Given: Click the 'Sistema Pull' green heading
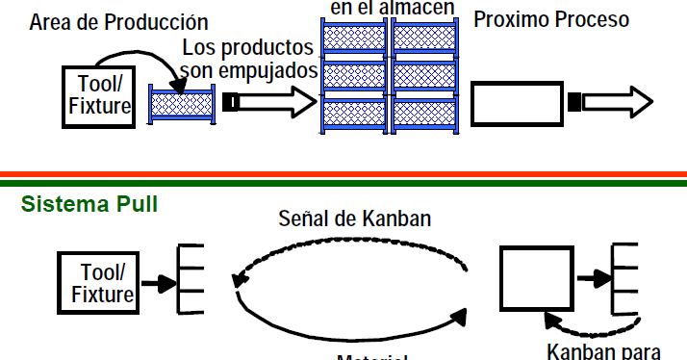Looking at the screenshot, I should (x=89, y=204).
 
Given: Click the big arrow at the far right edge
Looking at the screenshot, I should (x=616, y=101).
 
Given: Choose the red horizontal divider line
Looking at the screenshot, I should (x=343, y=174).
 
